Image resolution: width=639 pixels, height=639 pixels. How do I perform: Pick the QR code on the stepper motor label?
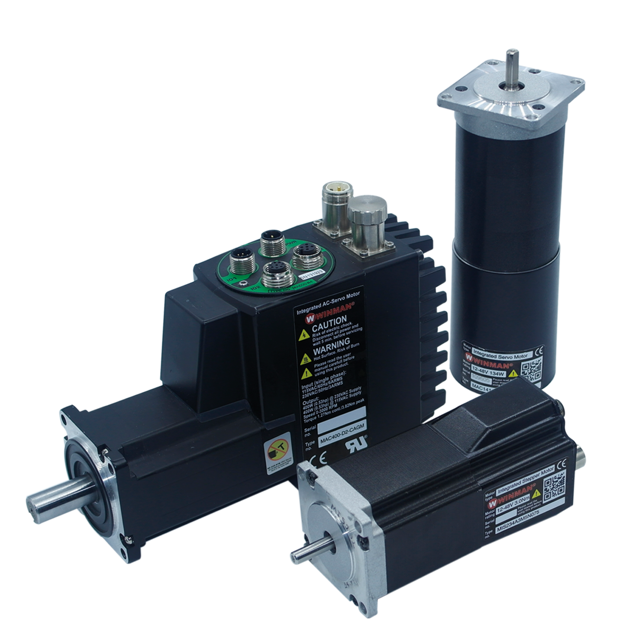(x=554, y=484)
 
